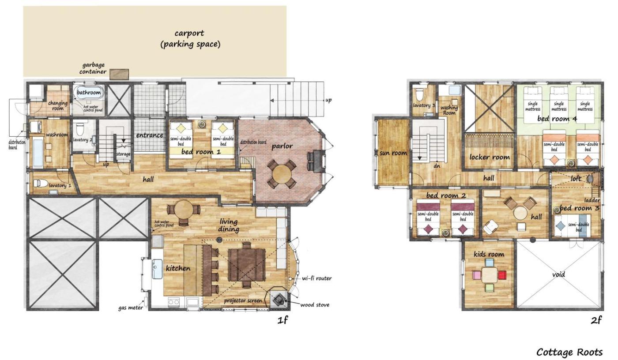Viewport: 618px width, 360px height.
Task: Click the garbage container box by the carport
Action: (119, 74)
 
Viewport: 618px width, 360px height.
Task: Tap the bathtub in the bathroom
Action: (89, 93)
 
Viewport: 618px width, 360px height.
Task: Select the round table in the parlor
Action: (282, 174)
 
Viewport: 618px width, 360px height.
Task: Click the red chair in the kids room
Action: (502, 275)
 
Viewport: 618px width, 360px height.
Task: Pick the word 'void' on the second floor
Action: (559, 274)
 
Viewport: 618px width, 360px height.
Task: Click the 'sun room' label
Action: (393, 153)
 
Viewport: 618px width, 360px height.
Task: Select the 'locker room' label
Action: (490, 157)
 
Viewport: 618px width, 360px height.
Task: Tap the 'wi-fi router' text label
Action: (317, 278)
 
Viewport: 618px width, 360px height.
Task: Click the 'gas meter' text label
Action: (131, 307)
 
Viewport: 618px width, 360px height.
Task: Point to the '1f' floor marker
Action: (283, 320)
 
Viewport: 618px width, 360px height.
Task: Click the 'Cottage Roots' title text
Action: (569, 352)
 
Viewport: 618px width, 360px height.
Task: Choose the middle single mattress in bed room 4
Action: (559, 105)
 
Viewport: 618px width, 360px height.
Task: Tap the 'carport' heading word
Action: (189, 34)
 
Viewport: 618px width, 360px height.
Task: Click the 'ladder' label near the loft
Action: (592, 200)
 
